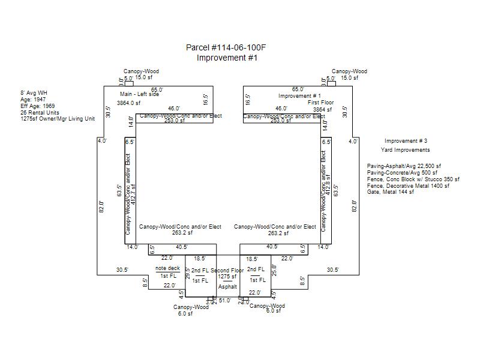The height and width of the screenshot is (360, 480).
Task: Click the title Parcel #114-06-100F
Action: pyautogui.click(x=227, y=47)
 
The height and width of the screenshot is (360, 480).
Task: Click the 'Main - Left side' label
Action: pyautogui.click(x=140, y=94)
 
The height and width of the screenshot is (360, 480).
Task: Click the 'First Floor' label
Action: pyautogui.click(x=320, y=103)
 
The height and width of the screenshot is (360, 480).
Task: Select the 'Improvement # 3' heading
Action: pyautogui.click(x=406, y=141)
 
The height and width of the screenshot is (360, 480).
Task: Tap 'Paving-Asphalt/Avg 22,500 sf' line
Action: pyautogui.click(x=404, y=166)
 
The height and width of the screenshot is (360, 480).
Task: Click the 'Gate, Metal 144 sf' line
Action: pyautogui.click(x=391, y=192)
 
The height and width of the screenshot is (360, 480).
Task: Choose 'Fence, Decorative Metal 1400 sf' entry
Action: pyautogui.click(x=409, y=185)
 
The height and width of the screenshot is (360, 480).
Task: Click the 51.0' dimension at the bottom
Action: pyautogui.click(x=224, y=300)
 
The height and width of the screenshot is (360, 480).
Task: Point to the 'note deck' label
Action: pyautogui.click(x=167, y=268)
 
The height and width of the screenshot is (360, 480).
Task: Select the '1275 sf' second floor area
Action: pyautogui.click(x=227, y=277)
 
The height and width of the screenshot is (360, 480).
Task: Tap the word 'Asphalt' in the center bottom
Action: pyautogui.click(x=227, y=287)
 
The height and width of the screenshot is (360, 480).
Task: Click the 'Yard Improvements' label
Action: pyautogui.click(x=405, y=150)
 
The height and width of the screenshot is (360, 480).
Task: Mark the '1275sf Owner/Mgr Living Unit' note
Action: pyautogui.click(x=58, y=119)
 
